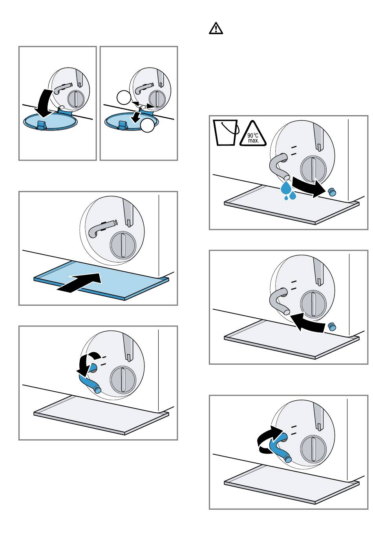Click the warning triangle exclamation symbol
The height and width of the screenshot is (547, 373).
click(216, 28)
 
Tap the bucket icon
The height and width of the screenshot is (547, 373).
click(226, 133)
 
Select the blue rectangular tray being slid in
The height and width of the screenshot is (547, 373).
click(101, 280)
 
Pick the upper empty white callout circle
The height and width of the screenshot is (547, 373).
click(124, 97)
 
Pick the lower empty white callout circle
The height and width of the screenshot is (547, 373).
click(148, 125)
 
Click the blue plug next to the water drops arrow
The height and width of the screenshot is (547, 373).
click(332, 192)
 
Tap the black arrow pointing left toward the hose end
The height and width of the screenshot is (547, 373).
click(308, 322)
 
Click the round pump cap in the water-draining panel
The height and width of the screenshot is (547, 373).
click(313, 169)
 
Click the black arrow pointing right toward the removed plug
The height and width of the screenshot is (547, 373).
click(309, 187)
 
